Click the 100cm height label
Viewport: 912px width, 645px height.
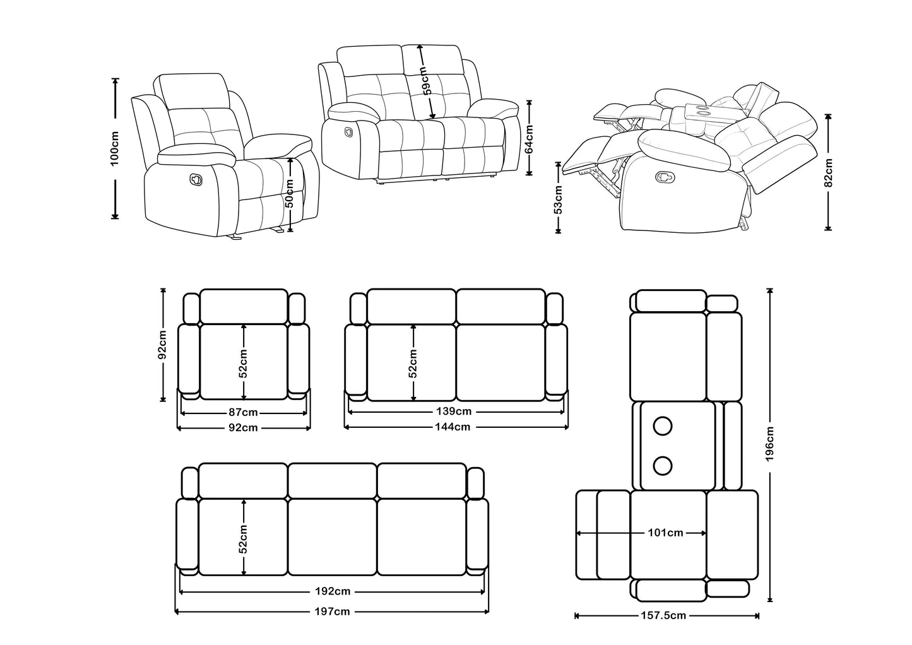[x=115, y=149]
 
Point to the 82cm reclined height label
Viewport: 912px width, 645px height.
[x=829, y=172]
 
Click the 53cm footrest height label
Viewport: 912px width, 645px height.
[x=558, y=199]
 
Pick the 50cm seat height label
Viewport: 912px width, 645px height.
[x=290, y=194]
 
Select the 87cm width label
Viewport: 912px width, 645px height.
[x=243, y=413]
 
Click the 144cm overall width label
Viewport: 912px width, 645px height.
[x=453, y=427]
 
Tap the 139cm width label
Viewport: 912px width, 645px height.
[x=454, y=411]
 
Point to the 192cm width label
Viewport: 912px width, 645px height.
[x=333, y=591]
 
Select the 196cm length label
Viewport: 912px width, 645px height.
[x=769, y=444]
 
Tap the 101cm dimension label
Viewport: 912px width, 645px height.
[x=665, y=533]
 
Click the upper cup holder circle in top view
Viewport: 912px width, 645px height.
[x=662, y=426]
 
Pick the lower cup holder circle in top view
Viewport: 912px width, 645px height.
[x=662, y=466]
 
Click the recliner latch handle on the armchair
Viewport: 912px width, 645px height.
[x=196, y=179]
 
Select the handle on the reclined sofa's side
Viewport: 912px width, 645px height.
[x=665, y=176]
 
